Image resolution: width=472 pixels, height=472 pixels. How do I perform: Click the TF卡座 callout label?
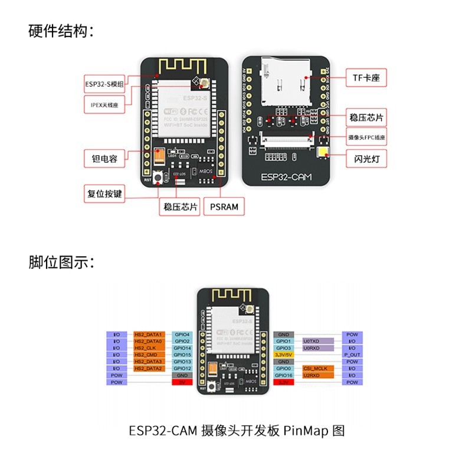(x=366, y=77)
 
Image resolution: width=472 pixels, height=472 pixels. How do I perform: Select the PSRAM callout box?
(x=224, y=206)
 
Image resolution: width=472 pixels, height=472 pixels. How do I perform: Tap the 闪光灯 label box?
(x=366, y=159)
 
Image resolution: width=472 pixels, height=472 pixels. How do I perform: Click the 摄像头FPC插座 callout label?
(x=366, y=137)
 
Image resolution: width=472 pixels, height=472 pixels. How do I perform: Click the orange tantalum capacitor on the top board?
(x=159, y=156)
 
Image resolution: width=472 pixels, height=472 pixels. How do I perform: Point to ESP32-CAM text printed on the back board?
(x=287, y=177)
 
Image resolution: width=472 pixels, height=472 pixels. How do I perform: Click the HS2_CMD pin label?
(x=148, y=355)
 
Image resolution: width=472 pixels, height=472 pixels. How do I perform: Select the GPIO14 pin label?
(x=182, y=348)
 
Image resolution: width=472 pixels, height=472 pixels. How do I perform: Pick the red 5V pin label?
(x=182, y=382)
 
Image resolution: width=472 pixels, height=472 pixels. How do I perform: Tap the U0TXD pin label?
(x=319, y=341)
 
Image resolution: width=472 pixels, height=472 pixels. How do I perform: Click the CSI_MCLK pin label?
(x=319, y=368)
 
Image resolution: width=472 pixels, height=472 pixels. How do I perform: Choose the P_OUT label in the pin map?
(x=352, y=355)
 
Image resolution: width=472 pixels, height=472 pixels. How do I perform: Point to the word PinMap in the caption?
(x=306, y=431)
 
